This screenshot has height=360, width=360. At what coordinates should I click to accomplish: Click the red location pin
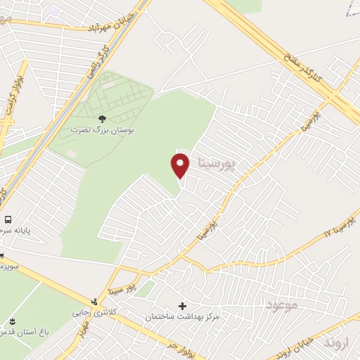(x=180, y=166)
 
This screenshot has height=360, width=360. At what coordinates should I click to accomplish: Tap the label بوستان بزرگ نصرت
(x=103, y=130)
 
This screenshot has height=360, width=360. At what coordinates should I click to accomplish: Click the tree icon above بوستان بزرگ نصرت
(x=103, y=118)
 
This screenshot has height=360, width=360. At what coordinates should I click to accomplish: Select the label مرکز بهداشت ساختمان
(x=182, y=318)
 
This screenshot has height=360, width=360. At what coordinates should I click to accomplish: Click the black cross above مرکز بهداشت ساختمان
(x=183, y=306)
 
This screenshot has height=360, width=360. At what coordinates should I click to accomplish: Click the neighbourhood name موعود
(x=283, y=304)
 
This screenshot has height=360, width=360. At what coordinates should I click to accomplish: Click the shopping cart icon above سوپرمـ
(x=2, y=255)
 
